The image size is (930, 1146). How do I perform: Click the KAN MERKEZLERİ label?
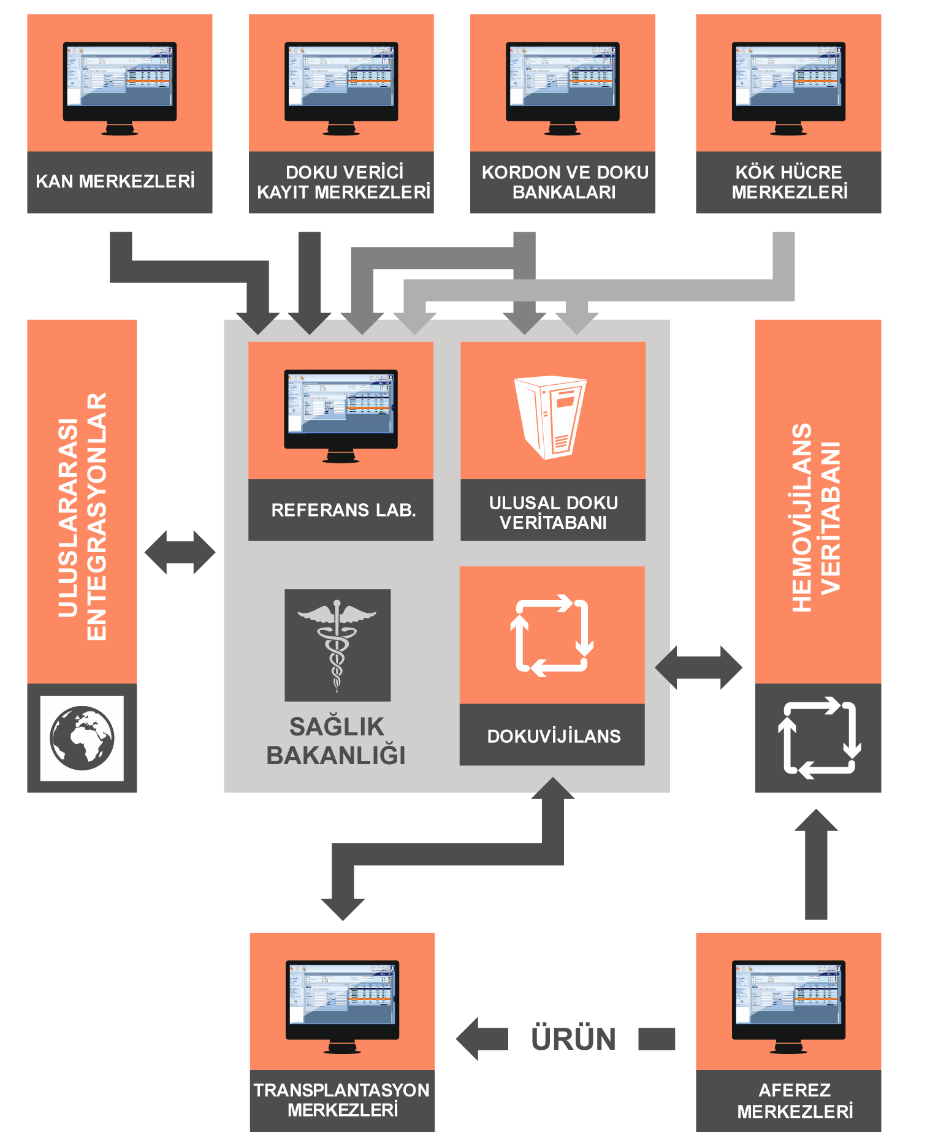tap(115, 181)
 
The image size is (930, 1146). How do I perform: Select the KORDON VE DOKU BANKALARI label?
tap(565, 182)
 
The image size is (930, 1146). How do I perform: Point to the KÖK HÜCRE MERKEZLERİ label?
tap(789, 182)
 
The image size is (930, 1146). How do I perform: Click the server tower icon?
tap(550, 417)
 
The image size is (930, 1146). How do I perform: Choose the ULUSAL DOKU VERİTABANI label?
tap(553, 512)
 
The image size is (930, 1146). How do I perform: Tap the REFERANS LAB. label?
tap(343, 510)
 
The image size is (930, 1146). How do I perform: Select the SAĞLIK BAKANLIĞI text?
tap(337, 741)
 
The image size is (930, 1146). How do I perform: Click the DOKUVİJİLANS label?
tap(554, 736)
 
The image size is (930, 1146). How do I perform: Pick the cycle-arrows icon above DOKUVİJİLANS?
tap(552, 636)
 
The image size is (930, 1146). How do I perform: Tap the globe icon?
tap(82, 738)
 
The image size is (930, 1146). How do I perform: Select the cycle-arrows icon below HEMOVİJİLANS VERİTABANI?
tap(819, 737)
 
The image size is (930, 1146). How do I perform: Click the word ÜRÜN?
tap(573, 1039)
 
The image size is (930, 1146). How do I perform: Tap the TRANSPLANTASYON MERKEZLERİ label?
tap(342, 1100)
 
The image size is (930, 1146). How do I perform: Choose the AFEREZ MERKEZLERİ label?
tap(795, 1101)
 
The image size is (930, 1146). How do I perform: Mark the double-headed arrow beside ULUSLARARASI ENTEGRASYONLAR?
tap(180, 552)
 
